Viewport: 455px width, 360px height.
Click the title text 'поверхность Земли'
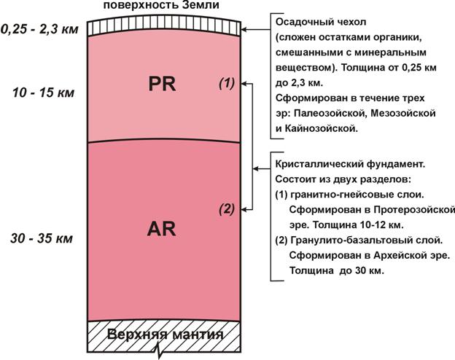point(161,5)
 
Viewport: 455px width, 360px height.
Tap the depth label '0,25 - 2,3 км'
point(39,30)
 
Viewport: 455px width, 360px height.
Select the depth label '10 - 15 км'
point(44,93)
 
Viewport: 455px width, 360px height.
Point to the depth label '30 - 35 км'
point(42,238)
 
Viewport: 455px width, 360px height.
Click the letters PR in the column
point(162,84)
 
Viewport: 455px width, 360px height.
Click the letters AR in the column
point(161,229)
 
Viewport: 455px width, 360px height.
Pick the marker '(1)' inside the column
point(227,84)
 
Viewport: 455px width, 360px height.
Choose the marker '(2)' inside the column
point(227,208)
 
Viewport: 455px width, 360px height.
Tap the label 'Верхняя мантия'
point(166,334)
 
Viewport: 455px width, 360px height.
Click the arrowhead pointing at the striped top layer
point(244,30)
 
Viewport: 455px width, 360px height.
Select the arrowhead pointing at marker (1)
point(244,84)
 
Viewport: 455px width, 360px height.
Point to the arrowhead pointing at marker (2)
point(244,209)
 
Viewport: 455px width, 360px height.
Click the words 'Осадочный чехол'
point(321,23)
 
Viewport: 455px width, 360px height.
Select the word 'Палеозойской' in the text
point(328,114)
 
